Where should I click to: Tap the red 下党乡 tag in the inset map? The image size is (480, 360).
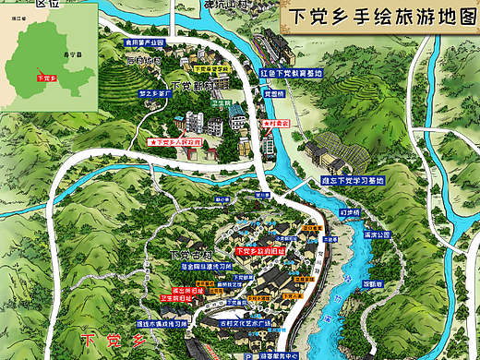(44, 78)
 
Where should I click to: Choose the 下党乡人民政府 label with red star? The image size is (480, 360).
(177, 143)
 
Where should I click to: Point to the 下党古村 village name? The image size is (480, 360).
(191, 254)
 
